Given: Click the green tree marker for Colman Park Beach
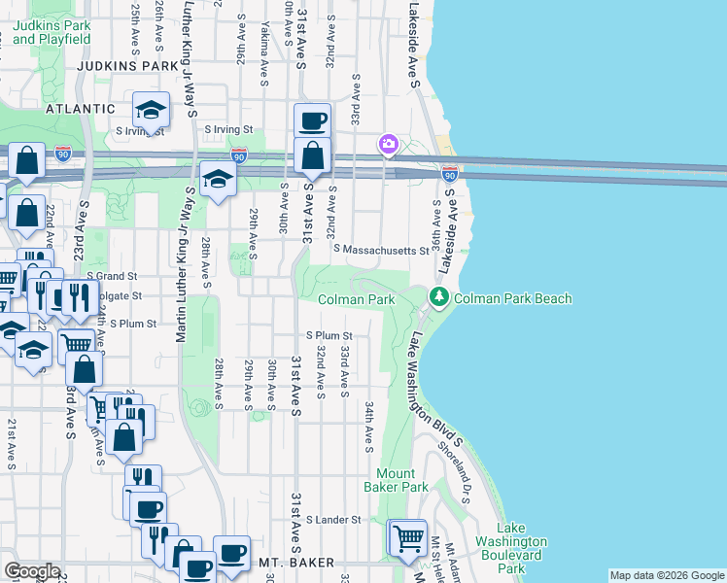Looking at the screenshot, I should (439, 298).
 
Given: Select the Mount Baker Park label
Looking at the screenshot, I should (396, 480).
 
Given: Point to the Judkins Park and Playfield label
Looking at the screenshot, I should (52, 32).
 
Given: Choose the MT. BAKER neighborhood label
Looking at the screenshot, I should (296, 563).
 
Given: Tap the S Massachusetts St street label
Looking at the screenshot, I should (381, 251).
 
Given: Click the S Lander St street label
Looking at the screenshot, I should (333, 520).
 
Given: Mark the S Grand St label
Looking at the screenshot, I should (112, 277).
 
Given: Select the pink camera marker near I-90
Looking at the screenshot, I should (389, 145).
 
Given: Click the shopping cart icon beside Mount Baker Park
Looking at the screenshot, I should (407, 536).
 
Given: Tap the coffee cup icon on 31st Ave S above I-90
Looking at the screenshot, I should (312, 121).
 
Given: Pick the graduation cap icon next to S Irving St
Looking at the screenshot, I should (151, 109).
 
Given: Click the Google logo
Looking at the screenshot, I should (32, 571).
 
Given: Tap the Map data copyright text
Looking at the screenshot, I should (666, 575).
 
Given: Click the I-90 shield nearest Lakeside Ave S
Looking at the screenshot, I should (449, 173).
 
